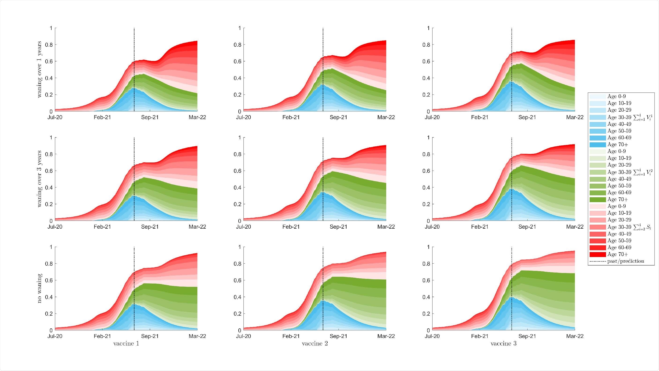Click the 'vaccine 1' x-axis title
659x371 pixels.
pos(126,344)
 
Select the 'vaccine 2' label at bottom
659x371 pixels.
pos(315,344)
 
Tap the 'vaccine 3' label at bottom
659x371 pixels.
pos(503,344)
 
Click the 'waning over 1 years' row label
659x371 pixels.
pos(39,69)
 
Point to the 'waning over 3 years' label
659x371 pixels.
pos(39,179)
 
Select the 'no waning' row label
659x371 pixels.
pos(39,288)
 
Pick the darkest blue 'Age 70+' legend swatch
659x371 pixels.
pos(598,145)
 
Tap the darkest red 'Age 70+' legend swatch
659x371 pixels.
pos(598,254)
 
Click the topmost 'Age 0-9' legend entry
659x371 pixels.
pos(616,97)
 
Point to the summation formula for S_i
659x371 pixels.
pos(643,227)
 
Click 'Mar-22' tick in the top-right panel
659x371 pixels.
pos(575,117)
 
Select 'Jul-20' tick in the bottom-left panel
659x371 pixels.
pos(55,336)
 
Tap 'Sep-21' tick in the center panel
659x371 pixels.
pos(338,227)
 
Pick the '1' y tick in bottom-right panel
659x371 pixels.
pos(428,247)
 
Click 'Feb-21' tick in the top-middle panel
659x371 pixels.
pos(291,117)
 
